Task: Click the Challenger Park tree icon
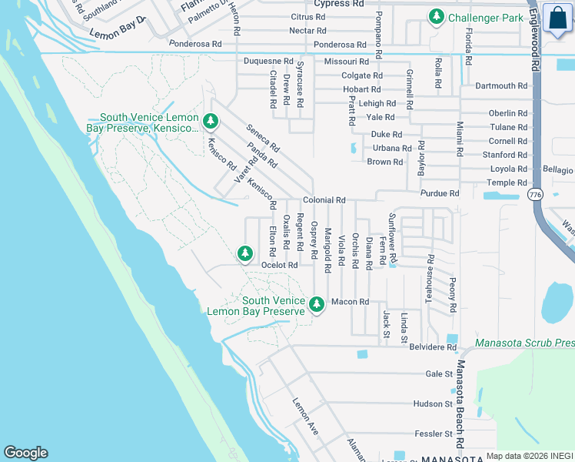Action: point(437,16)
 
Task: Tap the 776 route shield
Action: point(534,196)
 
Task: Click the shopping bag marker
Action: point(557,18)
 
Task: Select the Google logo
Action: point(25,453)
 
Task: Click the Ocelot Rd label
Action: point(279,265)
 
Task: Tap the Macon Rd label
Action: point(351,302)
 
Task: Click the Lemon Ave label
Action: point(304,417)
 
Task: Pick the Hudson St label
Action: point(433,403)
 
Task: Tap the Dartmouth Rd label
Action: point(501,86)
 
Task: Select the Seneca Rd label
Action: point(263,137)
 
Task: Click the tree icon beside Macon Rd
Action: point(316,305)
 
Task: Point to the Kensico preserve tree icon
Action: point(211,121)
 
